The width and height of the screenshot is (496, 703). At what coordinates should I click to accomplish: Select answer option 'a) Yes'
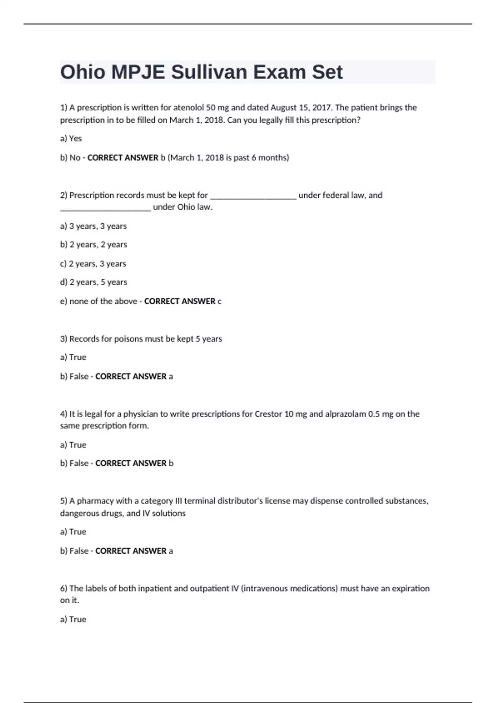click(71, 139)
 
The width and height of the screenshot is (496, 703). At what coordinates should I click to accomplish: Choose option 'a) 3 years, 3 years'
click(93, 226)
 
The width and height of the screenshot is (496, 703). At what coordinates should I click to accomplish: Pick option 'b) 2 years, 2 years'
click(93, 245)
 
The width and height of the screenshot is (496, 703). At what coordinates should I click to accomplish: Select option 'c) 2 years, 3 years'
click(93, 264)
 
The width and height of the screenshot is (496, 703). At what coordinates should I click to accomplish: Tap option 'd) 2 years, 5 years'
click(93, 282)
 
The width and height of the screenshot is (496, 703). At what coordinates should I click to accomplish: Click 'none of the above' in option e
click(103, 301)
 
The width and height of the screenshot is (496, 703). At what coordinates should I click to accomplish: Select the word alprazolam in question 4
click(345, 414)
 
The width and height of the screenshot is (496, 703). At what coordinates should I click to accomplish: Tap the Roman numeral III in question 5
click(179, 501)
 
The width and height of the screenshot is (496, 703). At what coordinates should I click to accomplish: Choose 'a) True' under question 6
click(73, 619)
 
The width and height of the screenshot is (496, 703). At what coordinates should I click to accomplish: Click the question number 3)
click(64, 339)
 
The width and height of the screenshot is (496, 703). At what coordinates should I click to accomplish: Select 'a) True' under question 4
click(73, 445)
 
